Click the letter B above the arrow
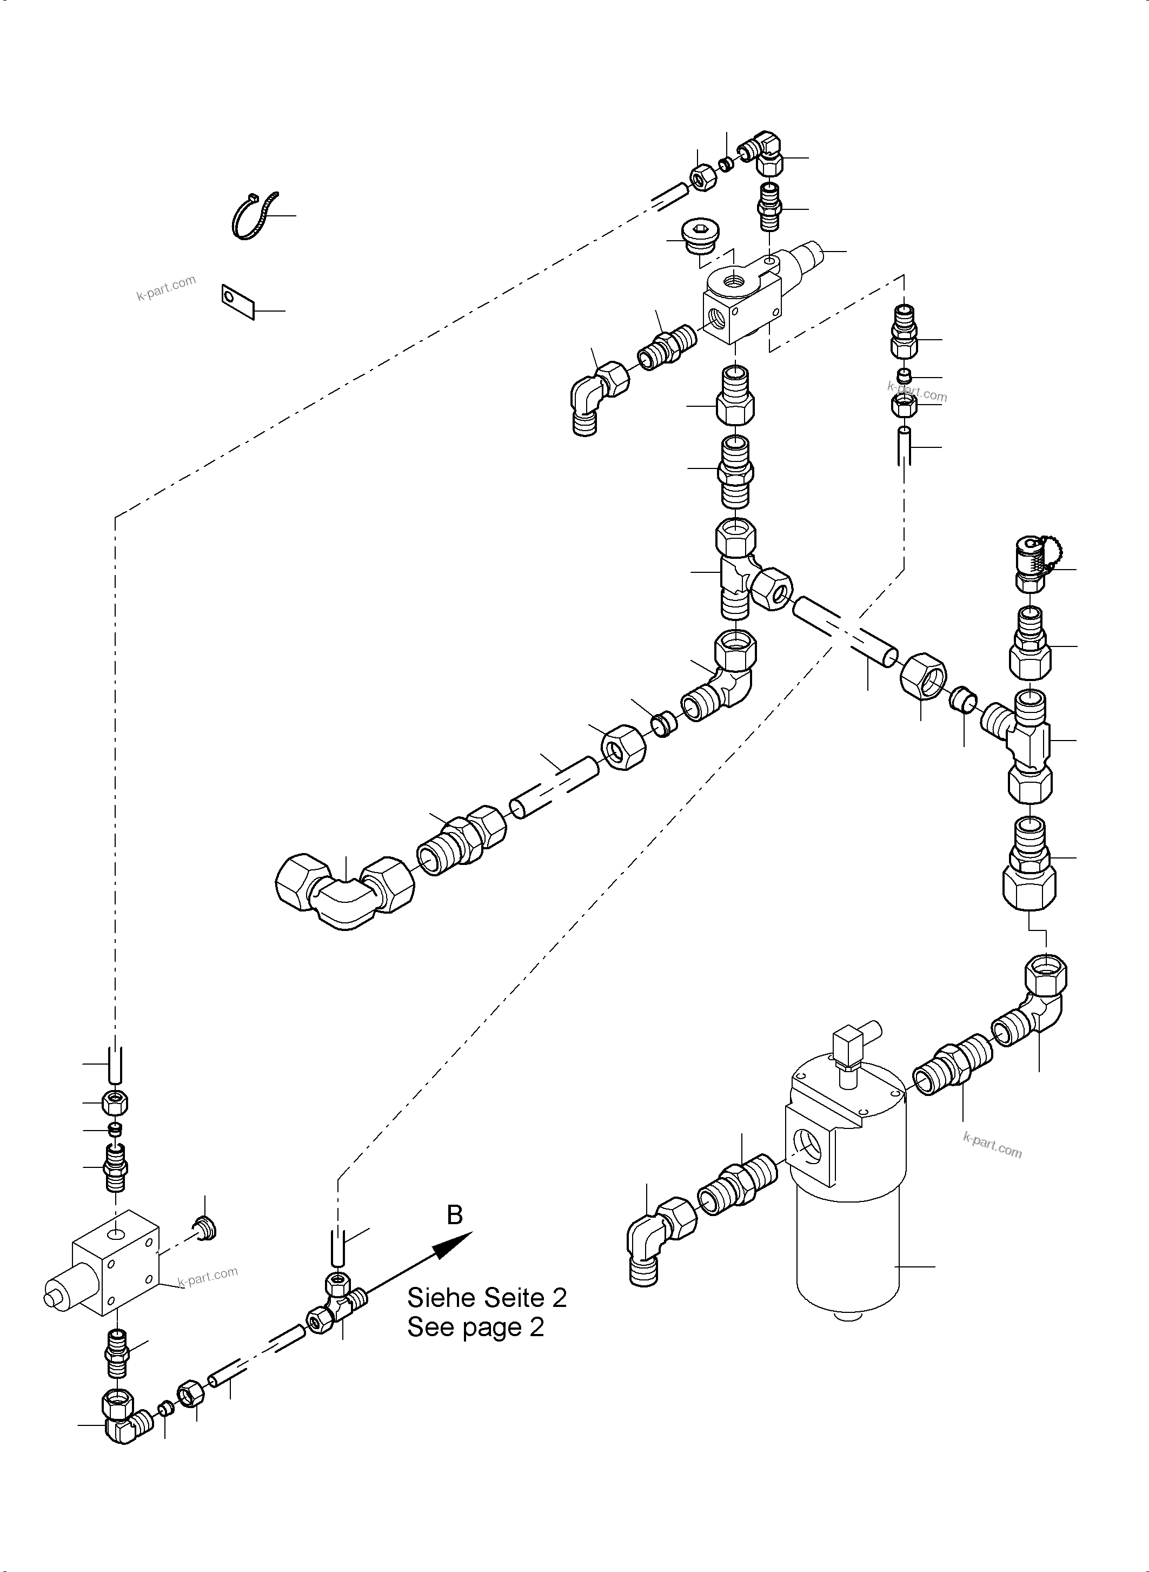pos(454,1215)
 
